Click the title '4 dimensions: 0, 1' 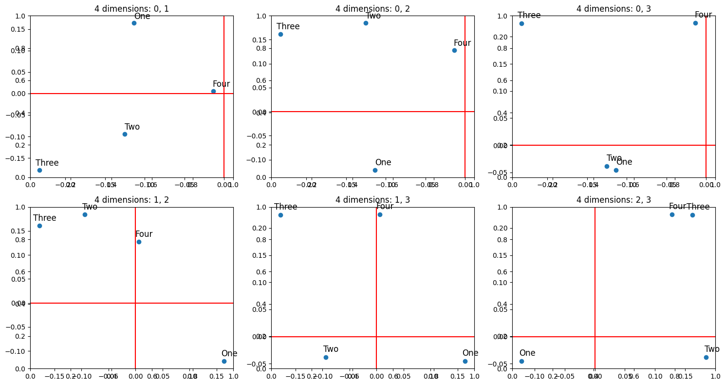point(131,8)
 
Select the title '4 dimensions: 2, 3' point(613,200)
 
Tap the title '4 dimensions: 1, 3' point(372,200)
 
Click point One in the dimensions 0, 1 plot point(134,23)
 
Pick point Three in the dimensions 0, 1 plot point(39,170)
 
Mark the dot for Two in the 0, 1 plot point(125,134)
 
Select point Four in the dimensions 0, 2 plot point(454,50)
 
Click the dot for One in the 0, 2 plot point(375,170)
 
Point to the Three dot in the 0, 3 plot point(521,23)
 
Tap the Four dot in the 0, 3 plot point(695,23)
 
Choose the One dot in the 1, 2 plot point(224,361)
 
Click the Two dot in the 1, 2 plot point(85,214)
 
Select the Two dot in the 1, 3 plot point(326,357)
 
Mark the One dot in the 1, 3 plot point(465,361)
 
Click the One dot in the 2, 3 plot point(521,361)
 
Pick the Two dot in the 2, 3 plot point(706,357)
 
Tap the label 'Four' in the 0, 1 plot point(221,84)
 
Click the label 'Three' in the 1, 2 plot point(45,218)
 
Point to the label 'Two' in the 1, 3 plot point(331,349)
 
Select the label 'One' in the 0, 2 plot point(383,162)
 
